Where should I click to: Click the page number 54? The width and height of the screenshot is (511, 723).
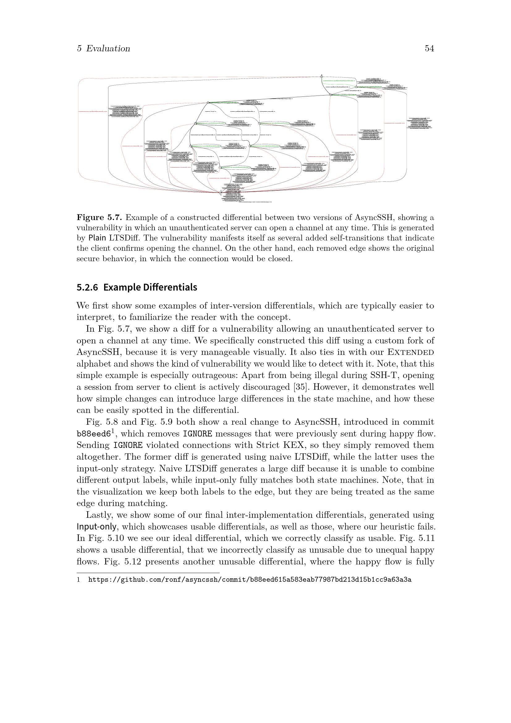[429, 49]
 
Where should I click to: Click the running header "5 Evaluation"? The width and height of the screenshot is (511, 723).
[103, 49]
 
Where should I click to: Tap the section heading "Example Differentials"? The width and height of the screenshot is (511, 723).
[150, 287]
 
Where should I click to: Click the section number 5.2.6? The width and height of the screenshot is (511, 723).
[87, 287]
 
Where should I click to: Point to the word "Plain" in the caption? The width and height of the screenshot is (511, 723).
[97, 238]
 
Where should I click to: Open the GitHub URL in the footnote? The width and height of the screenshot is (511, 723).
[250, 580]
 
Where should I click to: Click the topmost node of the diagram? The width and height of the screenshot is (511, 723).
[322, 76]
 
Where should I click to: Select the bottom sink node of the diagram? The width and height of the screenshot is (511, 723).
[221, 192]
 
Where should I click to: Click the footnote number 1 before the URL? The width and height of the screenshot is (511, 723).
[78, 580]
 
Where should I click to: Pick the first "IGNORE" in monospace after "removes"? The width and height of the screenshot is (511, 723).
[197, 434]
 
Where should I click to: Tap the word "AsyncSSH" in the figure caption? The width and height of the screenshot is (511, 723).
[374, 218]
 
